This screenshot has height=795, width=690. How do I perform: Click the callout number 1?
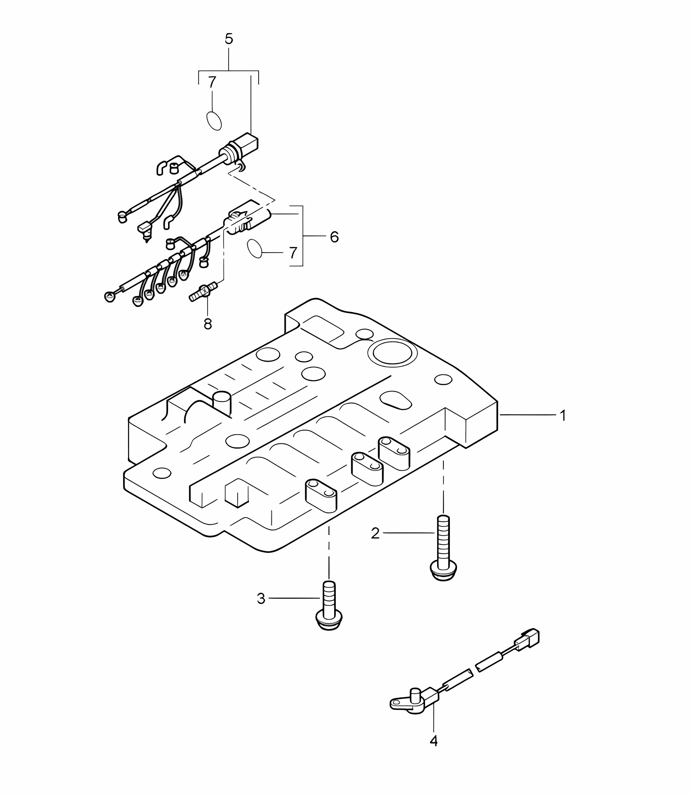(x=562, y=416)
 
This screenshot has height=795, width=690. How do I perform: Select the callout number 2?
(x=375, y=533)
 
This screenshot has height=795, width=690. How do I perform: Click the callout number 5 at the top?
(x=229, y=39)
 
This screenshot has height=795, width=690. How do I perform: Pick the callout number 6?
(x=334, y=237)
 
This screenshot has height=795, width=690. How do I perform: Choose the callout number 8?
(x=208, y=324)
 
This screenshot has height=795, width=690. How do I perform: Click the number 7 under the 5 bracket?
(x=212, y=82)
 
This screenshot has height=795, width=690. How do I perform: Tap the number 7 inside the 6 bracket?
(x=293, y=253)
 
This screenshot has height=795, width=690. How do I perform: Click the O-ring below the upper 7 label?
(x=214, y=121)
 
